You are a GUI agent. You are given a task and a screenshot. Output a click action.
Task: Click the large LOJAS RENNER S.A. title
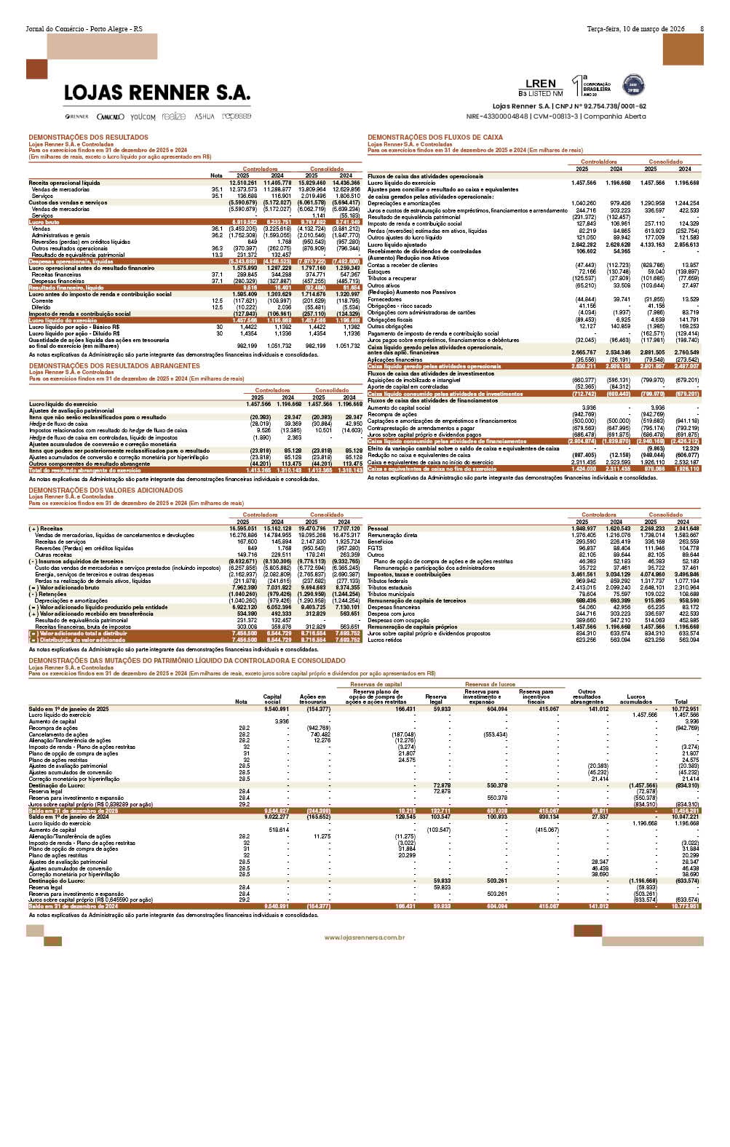coord(157,93)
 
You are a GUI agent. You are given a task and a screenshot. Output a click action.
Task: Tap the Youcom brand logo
coord(143,116)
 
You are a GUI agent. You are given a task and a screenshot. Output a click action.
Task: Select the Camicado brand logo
coord(111,116)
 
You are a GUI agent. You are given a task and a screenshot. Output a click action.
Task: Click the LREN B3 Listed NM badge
coord(541,87)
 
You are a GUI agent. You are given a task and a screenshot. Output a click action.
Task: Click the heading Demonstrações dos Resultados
coord(88,138)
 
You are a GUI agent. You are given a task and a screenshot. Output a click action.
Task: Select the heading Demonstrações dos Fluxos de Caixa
coord(435,138)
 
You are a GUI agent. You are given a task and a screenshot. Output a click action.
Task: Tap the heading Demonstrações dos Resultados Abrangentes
coord(114,366)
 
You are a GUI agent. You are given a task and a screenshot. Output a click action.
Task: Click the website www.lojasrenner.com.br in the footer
coord(365,938)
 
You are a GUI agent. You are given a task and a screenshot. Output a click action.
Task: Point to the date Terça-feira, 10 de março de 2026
coord(635,29)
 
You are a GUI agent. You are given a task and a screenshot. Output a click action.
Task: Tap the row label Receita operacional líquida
coord(64,183)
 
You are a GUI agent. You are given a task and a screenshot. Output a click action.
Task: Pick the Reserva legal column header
coord(436,699)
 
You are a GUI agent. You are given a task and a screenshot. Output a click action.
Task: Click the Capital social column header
coord(272,699)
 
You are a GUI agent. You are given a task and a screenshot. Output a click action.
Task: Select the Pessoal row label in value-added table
coord(378,528)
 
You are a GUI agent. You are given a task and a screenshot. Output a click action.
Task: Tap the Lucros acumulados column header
coord(635,699)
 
